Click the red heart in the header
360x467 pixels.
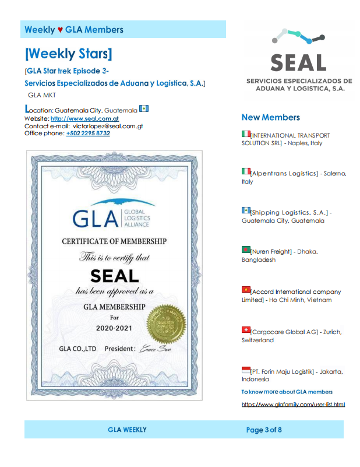click(60, 30)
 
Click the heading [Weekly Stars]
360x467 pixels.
click(68, 54)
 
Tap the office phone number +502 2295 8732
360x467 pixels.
click(88, 133)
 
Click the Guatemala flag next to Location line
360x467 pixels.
click(144, 108)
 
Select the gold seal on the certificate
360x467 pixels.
click(166, 324)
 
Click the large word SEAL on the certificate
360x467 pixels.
click(114, 275)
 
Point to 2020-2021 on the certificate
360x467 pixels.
click(114, 328)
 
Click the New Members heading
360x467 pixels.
click(270, 117)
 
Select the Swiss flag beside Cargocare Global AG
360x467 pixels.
click(246, 330)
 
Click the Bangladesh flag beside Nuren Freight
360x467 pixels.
click(246, 250)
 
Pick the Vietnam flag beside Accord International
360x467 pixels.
click(246, 289)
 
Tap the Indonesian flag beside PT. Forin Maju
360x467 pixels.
click(246, 370)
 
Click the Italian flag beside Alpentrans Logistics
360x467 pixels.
click(246, 171)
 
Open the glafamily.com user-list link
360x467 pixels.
click(293, 404)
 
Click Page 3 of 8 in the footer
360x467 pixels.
click(264, 430)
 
